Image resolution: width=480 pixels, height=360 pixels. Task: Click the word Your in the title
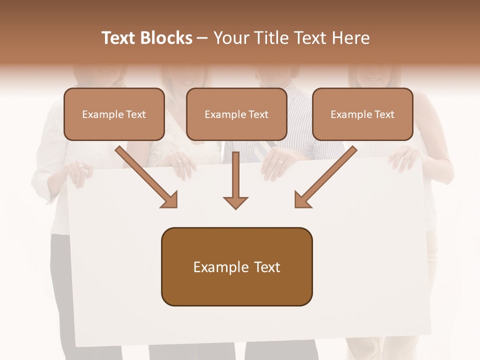(x=231, y=38)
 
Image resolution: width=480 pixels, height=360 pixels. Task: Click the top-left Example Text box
(x=114, y=114)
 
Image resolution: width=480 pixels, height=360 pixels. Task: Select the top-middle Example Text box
(x=236, y=114)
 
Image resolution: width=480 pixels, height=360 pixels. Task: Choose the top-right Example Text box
(x=362, y=114)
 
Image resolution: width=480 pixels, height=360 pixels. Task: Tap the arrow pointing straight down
(x=235, y=180)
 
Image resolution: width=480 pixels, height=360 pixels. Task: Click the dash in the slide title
(x=202, y=38)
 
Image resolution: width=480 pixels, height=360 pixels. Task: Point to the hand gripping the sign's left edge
(x=77, y=172)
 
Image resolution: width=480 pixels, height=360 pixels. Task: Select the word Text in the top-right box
(x=384, y=114)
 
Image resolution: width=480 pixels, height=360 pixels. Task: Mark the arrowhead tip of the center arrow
(x=235, y=207)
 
